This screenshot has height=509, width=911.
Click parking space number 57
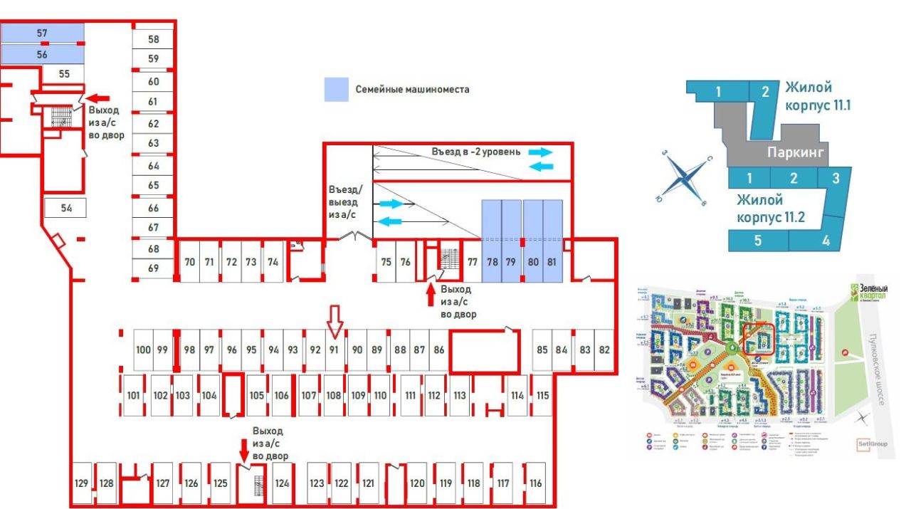(x=42, y=33)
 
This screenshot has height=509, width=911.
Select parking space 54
(x=66, y=208)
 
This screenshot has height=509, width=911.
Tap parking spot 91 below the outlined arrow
(x=333, y=350)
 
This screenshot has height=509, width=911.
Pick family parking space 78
(x=492, y=261)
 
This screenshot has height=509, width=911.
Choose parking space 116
(x=535, y=483)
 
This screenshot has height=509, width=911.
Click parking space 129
(x=81, y=483)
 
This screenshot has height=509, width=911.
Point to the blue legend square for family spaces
(x=337, y=90)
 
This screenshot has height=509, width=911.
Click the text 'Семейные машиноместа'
(x=412, y=90)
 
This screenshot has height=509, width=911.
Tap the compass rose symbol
(x=683, y=178)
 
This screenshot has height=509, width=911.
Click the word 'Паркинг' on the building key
(x=796, y=152)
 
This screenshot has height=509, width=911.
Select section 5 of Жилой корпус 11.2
(x=758, y=240)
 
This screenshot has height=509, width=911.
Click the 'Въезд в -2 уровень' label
(x=476, y=152)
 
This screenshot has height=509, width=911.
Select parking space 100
(x=143, y=350)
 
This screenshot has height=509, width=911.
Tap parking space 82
(x=604, y=350)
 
